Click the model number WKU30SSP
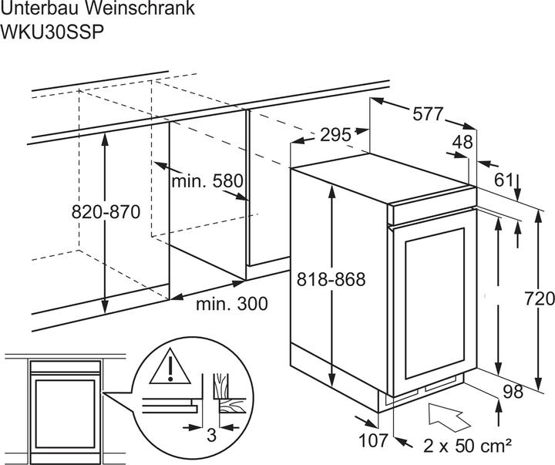(52, 32)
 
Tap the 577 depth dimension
(428, 114)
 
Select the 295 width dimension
(335, 135)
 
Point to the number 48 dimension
(462, 142)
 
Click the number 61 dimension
(503, 180)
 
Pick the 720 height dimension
(540, 298)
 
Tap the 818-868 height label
(331, 279)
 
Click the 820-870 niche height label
(106, 212)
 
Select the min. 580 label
(207, 181)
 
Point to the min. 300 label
(232, 304)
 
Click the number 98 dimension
(513, 392)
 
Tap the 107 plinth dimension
(374, 440)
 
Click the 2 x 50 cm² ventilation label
(467, 445)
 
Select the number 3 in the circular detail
(211, 435)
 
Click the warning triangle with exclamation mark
(170, 366)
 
